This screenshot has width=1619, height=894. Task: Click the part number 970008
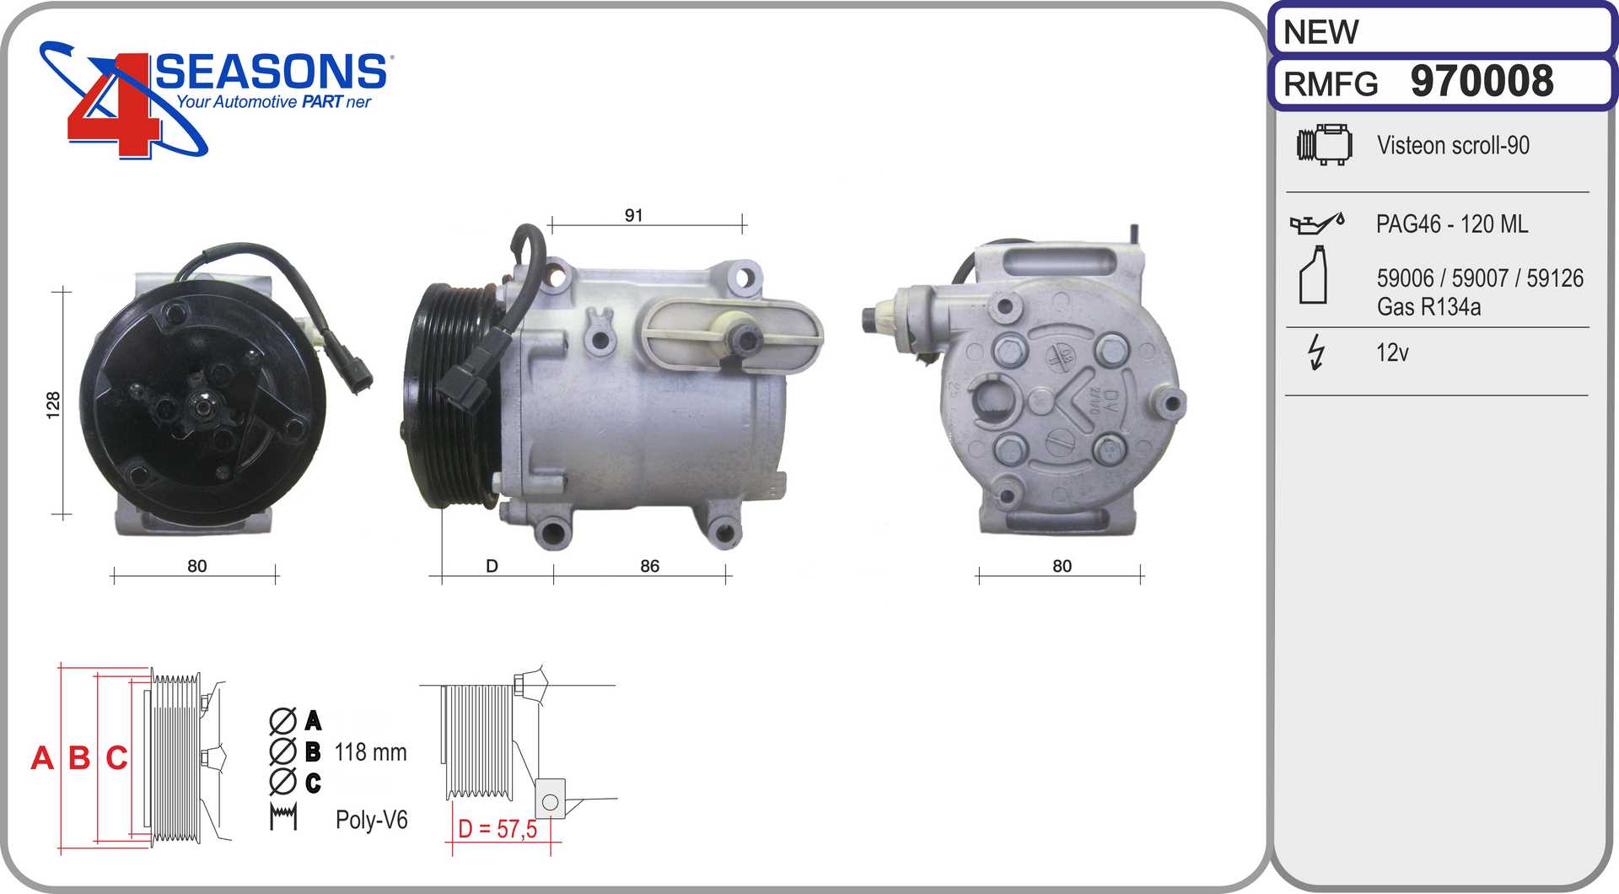1482,82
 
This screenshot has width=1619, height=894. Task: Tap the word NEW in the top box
1320,33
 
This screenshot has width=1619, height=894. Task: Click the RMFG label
1331,84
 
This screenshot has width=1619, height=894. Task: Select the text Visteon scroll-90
1453,145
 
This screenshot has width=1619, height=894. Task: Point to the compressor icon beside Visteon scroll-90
1324,144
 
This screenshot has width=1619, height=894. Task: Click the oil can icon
1317,223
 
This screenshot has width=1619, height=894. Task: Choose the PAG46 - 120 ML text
1451,224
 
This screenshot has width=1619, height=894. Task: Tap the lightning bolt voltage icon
1315,352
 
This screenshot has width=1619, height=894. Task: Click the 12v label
1392,353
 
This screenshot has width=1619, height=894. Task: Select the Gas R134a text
1428,307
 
